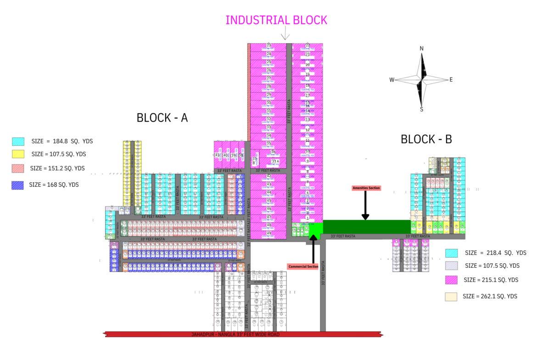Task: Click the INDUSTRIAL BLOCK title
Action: click(x=276, y=20)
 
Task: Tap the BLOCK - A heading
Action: click(x=162, y=118)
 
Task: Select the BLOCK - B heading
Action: click(x=426, y=139)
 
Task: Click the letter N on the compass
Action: click(x=421, y=49)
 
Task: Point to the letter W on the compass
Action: click(x=392, y=80)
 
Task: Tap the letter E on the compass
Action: click(x=451, y=80)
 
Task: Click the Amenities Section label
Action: click(x=366, y=188)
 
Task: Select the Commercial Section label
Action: click(x=303, y=266)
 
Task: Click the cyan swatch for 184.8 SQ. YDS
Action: click(x=18, y=142)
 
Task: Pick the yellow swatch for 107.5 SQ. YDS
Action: click(x=18, y=154)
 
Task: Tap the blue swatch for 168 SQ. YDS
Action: click(x=18, y=185)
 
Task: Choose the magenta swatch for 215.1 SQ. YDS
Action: click(x=452, y=280)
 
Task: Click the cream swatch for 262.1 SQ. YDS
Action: click(x=452, y=297)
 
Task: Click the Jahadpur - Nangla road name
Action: click(x=235, y=335)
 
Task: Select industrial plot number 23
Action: click(x=269, y=45)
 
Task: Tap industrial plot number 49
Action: click(x=269, y=233)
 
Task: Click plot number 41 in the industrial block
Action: click(x=218, y=155)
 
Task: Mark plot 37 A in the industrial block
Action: click(x=275, y=161)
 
